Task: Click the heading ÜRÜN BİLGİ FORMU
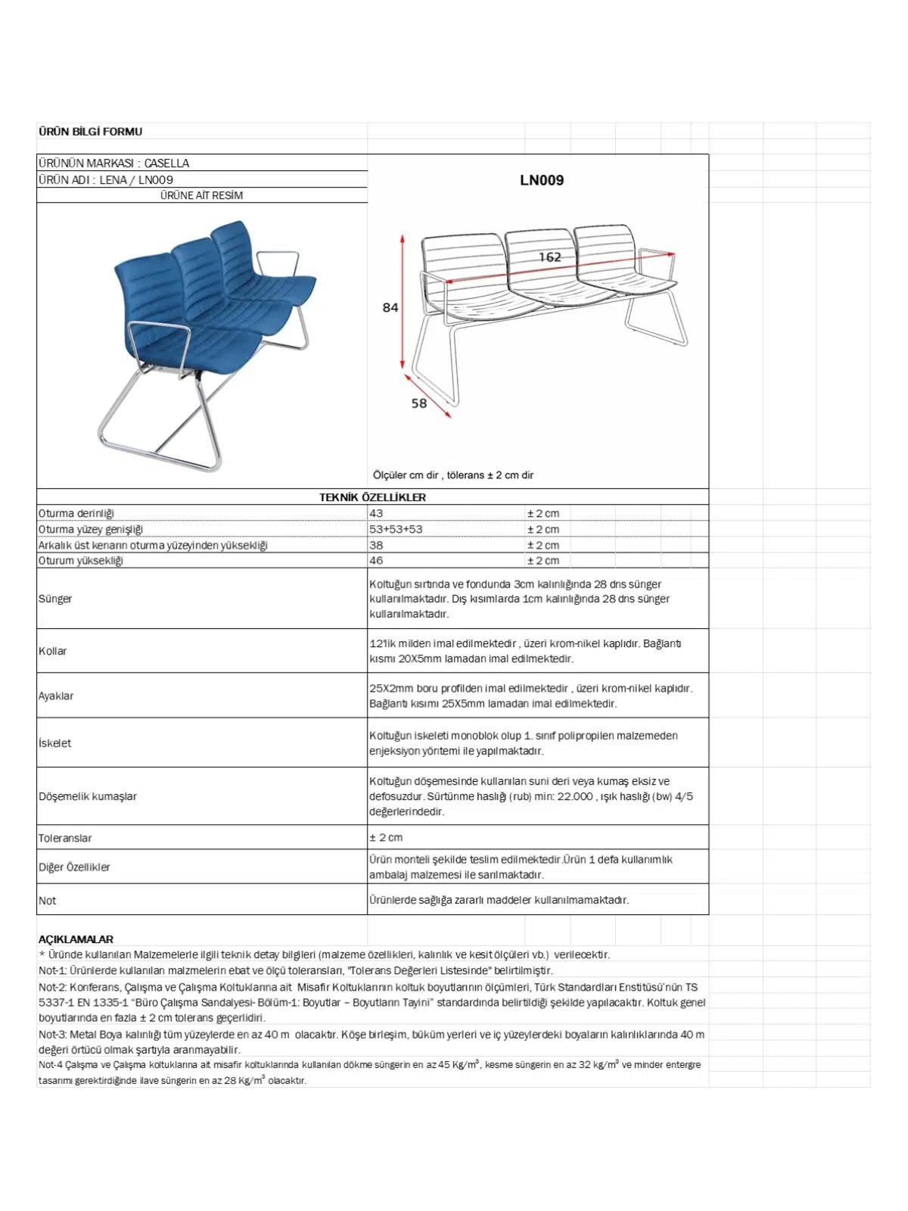(90, 132)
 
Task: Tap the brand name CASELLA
(166, 163)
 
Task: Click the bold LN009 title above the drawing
(542, 180)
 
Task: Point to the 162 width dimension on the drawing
(550, 257)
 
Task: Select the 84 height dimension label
(390, 307)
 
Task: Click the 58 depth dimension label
(419, 403)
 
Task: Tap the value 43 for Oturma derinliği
(376, 513)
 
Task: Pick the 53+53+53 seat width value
(396, 529)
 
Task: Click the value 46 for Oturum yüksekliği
(376, 561)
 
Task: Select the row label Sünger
(55, 599)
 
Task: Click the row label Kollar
(53, 651)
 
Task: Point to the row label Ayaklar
(56, 696)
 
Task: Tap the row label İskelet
(55, 743)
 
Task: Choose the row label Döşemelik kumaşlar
(88, 796)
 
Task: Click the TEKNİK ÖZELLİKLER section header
(372, 497)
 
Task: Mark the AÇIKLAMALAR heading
(76, 939)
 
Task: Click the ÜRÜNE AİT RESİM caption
(201, 195)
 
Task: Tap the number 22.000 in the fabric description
(575, 796)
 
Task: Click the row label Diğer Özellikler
(74, 867)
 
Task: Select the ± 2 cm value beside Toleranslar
(386, 838)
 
